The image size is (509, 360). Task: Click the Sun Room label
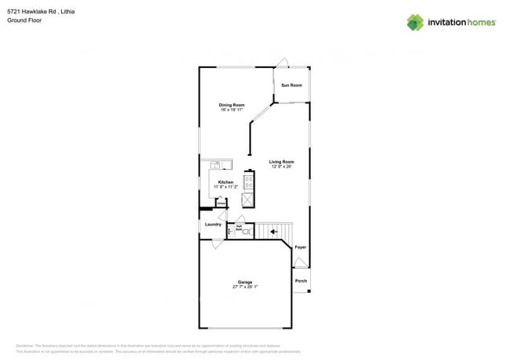pyautogui.click(x=291, y=85)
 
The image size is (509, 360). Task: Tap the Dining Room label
pyautogui.click(x=232, y=105)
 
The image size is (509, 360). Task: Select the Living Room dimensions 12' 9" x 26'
pyautogui.click(x=282, y=167)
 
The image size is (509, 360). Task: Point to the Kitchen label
pyautogui.click(x=226, y=182)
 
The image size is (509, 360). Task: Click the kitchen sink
pyautogui.click(x=216, y=164)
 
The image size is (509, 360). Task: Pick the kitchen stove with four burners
pyautogui.click(x=248, y=182)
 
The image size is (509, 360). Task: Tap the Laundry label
pyautogui.click(x=213, y=225)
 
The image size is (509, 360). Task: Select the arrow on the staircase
pyautogui.click(x=273, y=231)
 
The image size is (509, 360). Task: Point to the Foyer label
pyautogui.click(x=301, y=247)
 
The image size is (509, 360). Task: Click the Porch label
pyautogui.click(x=301, y=281)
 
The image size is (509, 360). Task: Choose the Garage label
pyautogui.click(x=245, y=282)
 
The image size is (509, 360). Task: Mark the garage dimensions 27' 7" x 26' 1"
pyautogui.click(x=245, y=286)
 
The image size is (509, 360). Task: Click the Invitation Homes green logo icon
pyautogui.click(x=415, y=22)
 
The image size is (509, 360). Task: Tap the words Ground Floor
pyautogui.click(x=24, y=20)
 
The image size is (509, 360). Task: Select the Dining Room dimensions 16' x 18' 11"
pyautogui.click(x=232, y=110)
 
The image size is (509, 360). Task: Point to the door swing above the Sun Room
pyautogui.click(x=285, y=62)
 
